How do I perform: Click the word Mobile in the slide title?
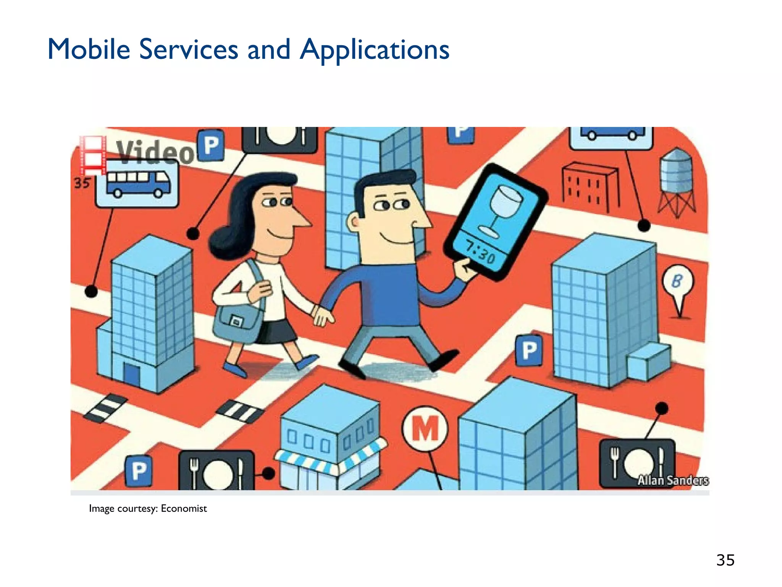(x=89, y=50)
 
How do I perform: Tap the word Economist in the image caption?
(x=184, y=508)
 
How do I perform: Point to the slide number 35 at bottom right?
(x=725, y=560)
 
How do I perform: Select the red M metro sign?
(x=425, y=428)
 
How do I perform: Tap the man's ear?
(x=354, y=222)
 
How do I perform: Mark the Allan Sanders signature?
(x=673, y=480)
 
